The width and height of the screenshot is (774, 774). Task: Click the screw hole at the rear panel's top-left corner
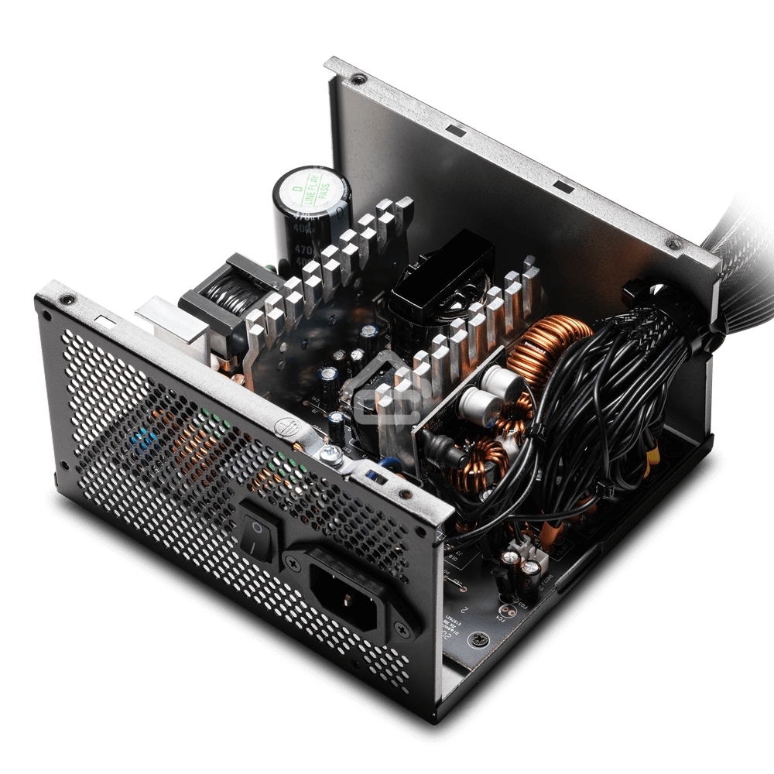70,298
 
